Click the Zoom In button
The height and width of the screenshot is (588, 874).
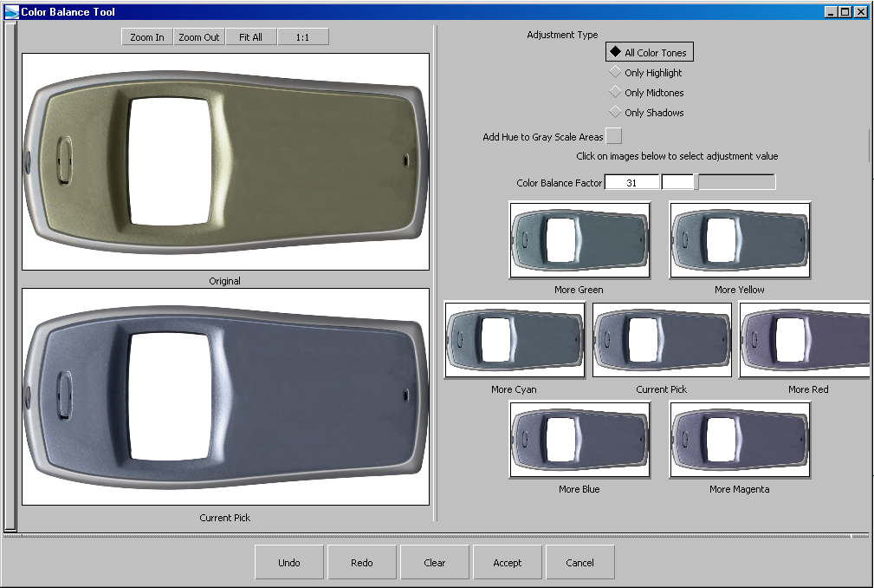[147, 36]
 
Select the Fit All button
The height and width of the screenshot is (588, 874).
[251, 36]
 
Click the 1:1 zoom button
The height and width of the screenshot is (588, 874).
[302, 36]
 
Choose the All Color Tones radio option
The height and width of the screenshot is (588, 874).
[615, 52]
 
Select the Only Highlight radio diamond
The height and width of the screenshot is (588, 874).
[615, 72]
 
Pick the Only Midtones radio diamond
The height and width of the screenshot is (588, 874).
[615, 91]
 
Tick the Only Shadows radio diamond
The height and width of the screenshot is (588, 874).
[615, 112]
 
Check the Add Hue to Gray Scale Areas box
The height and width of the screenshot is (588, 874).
[613, 136]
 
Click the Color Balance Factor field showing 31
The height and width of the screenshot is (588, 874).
[631, 182]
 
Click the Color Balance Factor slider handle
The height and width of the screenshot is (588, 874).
[696, 182]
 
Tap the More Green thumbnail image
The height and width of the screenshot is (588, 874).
[579, 240]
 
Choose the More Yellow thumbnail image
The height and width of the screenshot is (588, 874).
[740, 240]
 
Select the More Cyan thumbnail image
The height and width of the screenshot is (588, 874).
[515, 340]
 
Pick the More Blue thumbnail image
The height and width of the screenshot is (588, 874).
[579, 440]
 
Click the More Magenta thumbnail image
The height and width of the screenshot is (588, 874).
[740, 440]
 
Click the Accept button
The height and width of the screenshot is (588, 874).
[508, 562]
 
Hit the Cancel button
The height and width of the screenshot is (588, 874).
[580, 562]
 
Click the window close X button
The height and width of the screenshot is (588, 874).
[861, 12]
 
